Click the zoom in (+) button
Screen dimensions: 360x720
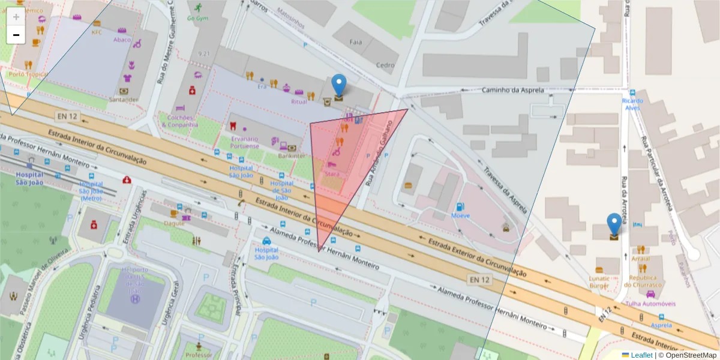tap(16, 17)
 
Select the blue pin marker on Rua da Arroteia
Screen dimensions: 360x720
tap(614, 224)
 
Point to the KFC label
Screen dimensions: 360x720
tap(97, 32)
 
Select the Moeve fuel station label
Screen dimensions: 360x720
tap(460, 215)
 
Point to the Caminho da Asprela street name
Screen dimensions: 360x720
tap(513, 90)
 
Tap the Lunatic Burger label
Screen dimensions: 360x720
tap(599, 282)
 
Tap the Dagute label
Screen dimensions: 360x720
tap(174, 223)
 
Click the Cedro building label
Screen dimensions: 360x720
tap(385, 65)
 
